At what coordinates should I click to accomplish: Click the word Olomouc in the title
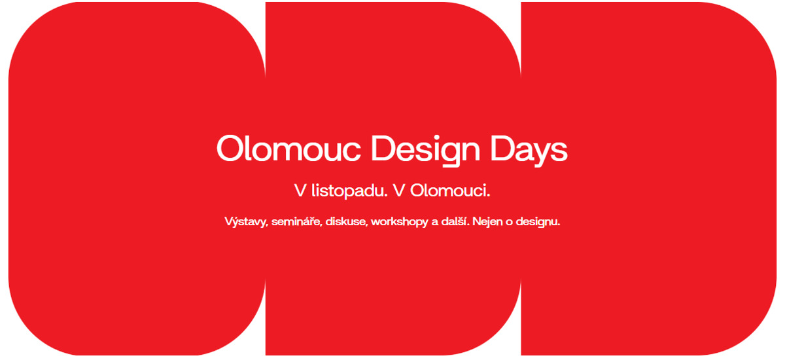288,149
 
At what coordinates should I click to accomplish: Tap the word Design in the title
425,151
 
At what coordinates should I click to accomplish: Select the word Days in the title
529,151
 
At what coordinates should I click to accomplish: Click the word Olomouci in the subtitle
450,190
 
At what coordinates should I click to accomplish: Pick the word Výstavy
247,221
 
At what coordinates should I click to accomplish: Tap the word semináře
296,221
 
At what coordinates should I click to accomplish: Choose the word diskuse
346,221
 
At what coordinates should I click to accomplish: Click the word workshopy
400,222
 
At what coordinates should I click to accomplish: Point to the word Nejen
487,222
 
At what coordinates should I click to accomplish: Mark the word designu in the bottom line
538,222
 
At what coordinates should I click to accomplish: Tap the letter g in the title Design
449,154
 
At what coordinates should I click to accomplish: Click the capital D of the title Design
383,149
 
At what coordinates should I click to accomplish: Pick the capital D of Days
502,149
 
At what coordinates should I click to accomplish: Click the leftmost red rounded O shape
137,179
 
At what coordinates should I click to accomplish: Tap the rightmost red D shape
648,179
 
